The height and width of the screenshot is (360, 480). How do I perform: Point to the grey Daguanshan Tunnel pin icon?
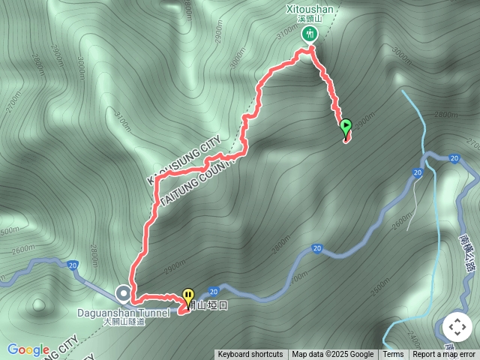coord(122,292)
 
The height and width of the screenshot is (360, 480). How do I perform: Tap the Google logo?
coord(28,350)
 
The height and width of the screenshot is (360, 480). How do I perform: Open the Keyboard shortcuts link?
coord(250,355)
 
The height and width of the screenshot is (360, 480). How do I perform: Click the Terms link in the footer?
coord(393,355)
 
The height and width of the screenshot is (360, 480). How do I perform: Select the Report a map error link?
coord(444,355)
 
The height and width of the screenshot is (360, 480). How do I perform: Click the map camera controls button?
coord(457,328)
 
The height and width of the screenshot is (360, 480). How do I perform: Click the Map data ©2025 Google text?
coord(333,355)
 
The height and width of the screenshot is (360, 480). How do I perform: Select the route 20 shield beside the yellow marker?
coord(214,291)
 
